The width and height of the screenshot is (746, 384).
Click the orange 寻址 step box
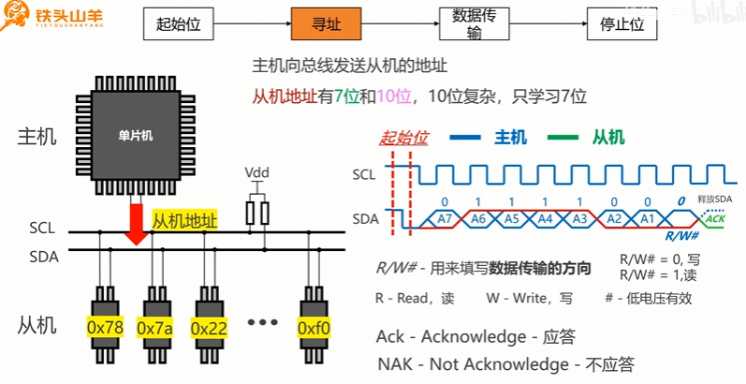click(325, 25)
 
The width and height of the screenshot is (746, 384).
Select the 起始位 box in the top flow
click(178, 25)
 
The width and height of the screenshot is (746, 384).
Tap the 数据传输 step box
click(473, 25)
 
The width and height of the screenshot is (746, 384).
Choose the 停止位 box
click(622, 25)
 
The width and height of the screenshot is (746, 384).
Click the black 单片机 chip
click(136, 135)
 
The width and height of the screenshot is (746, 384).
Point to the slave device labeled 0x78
click(106, 328)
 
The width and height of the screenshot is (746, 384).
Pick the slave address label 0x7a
click(155, 328)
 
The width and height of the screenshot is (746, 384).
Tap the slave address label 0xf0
click(313, 328)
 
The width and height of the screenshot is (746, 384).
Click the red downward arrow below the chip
click(137, 225)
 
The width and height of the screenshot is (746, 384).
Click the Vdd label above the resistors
click(256, 174)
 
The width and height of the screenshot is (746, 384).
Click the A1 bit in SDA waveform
click(645, 218)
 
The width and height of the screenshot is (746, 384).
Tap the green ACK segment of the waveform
click(716, 218)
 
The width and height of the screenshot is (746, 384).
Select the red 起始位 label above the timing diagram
click(403, 138)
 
